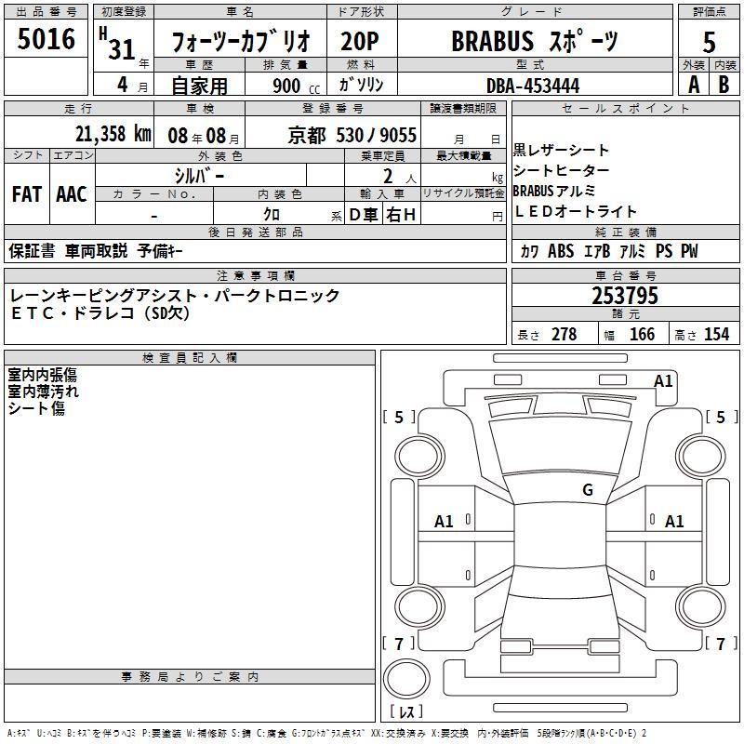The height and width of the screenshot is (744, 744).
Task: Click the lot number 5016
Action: click(46, 39)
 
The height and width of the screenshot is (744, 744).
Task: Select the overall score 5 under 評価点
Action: click(709, 43)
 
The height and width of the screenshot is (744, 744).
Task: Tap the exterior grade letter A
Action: click(694, 85)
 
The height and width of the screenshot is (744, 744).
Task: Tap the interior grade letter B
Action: click(724, 85)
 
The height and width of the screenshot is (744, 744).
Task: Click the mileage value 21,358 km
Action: click(113, 134)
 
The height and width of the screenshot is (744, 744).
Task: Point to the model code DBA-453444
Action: click(533, 86)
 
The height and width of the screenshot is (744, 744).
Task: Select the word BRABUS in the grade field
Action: click(493, 41)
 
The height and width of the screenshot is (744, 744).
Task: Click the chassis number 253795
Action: click(625, 296)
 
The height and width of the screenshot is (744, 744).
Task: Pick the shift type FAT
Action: click(27, 194)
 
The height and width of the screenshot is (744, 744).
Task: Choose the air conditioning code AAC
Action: click(72, 194)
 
